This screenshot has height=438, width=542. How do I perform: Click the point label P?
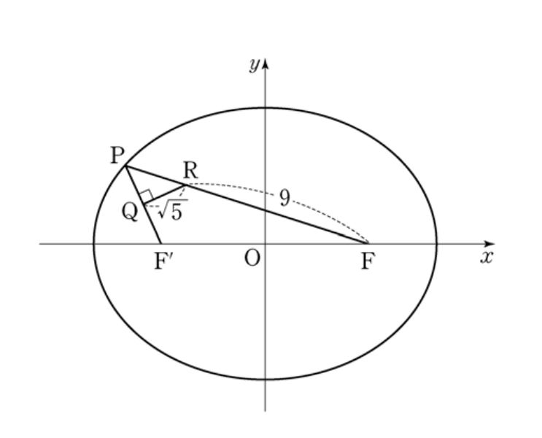click(x=117, y=155)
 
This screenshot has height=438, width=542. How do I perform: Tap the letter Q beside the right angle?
click(x=130, y=212)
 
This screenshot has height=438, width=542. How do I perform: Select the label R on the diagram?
click(x=190, y=170)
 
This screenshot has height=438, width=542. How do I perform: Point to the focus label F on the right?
click(x=368, y=261)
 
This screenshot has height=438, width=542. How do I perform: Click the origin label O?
click(x=252, y=258)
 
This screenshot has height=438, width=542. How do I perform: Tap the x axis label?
click(x=487, y=258)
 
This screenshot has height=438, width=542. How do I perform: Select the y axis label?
click(x=255, y=65)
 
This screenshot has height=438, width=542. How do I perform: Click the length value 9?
click(x=284, y=199)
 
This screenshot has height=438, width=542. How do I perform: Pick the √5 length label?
click(x=172, y=210)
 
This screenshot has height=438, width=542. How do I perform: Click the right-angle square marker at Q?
click(x=146, y=196)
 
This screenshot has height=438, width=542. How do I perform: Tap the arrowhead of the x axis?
click(x=490, y=244)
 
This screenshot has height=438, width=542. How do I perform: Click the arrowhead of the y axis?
click(x=265, y=64)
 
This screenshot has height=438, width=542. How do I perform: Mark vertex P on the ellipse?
click(x=125, y=166)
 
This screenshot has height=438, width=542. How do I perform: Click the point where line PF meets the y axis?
click(x=265, y=210)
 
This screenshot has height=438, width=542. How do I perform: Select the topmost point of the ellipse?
click(x=265, y=108)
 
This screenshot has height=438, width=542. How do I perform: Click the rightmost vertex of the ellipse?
click(x=436, y=244)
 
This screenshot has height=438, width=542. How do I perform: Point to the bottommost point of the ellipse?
click(x=265, y=380)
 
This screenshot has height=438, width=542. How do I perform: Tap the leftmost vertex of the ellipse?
click(x=93, y=244)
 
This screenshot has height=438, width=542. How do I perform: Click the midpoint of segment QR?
click(x=165, y=194)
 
